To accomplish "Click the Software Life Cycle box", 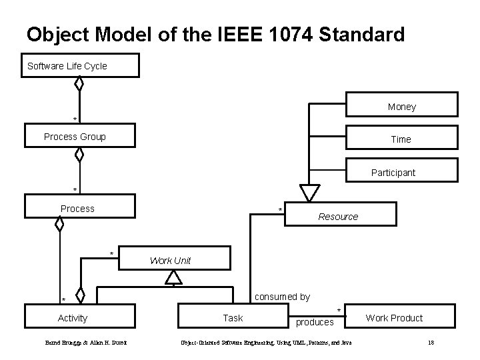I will click(x=81, y=66).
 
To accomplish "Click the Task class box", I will click(x=233, y=317).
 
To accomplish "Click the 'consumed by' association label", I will click(x=282, y=297).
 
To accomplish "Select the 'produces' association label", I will click(x=315, y=323).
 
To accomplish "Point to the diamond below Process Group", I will click(x=79, y=155).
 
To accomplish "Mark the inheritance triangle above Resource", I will click(x=309, y=193).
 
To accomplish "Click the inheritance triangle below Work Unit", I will click(x=173, y=277).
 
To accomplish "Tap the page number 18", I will click(x=431, y=343).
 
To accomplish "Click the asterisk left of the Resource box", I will click(x=280, y=211).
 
